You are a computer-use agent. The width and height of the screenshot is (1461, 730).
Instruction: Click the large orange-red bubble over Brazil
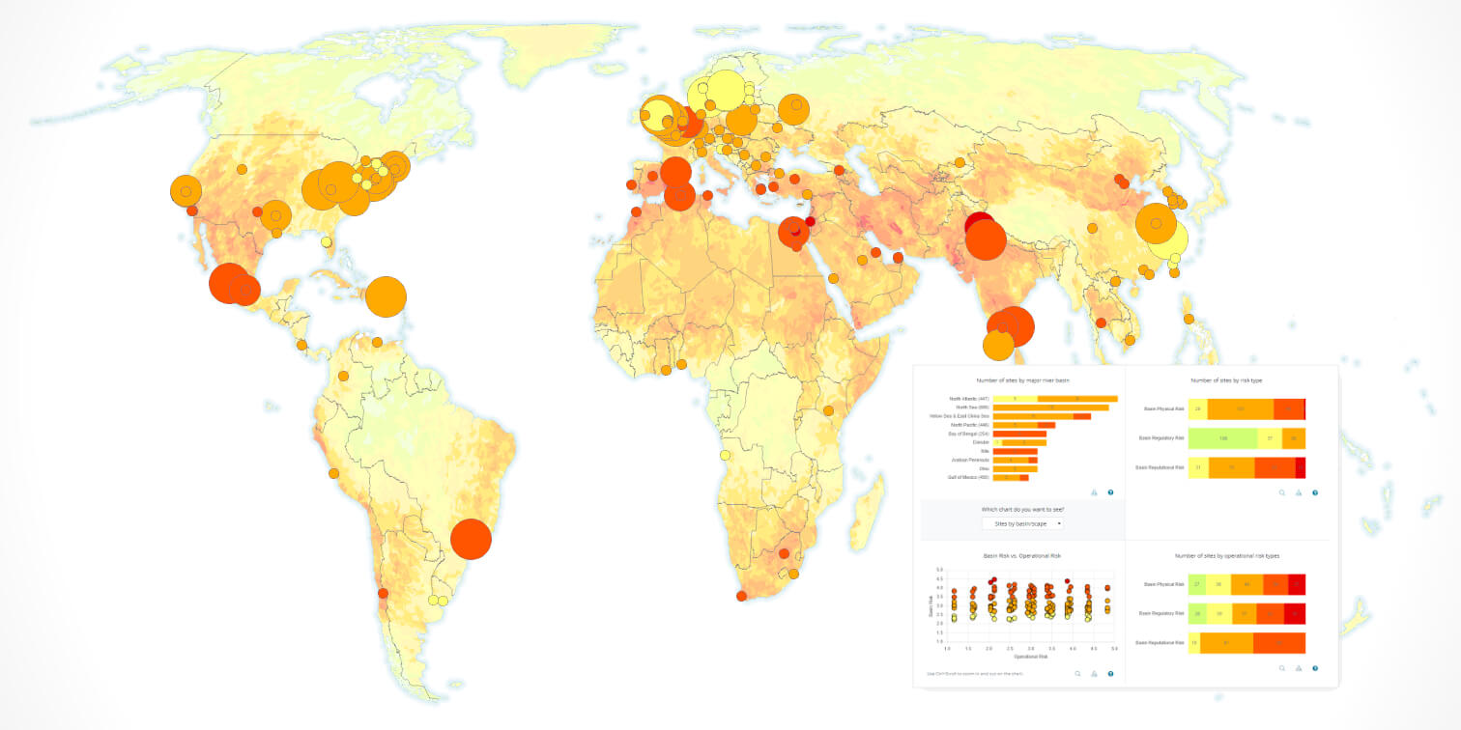pos(472,539)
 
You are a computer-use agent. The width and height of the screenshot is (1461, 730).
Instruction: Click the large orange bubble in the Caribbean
pos(386,296)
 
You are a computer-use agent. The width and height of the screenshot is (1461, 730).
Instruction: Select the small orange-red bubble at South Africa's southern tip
pos(741,596)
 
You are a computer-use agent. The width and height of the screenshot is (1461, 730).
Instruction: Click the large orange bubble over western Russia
pos(793,110)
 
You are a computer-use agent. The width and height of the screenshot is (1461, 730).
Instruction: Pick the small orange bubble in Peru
pos(333,474)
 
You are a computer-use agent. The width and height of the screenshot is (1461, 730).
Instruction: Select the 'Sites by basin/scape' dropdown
pos(1022,523)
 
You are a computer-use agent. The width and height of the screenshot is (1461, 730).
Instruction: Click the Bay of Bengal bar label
pos(969,434)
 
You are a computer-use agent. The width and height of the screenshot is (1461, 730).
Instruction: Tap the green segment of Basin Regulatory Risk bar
pos(1223,438)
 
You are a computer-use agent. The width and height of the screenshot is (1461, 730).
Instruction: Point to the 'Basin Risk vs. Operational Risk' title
pos(1022,557)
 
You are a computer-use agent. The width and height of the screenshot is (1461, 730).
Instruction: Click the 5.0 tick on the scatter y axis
pos(939,571)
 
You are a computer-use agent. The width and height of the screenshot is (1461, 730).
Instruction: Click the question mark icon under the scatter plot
pos(1110,673)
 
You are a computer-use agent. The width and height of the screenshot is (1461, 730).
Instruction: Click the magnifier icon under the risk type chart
pos(1282,492)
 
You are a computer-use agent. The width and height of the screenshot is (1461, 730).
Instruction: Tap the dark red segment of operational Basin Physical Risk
pos(1297,584)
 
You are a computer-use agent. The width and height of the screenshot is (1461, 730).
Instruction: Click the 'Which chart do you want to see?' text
pos(1022,509)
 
